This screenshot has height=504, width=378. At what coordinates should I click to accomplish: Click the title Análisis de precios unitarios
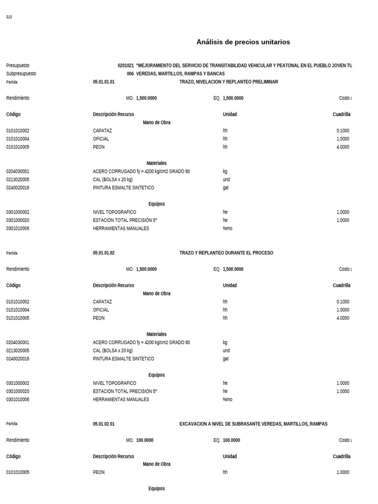[x=243, y=42]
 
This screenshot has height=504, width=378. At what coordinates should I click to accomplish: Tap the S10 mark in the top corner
[x=9, y=17]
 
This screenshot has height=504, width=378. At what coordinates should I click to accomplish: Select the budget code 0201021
[x=126, y=65]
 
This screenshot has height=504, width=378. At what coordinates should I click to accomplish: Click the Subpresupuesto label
[x=21, y=74]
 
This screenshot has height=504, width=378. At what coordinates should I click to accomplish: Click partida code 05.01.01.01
[x=103, y=82]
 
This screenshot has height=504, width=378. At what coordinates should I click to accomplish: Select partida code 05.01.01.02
[x=103, y=253]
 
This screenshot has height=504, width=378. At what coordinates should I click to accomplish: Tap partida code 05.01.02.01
[x=103, y=424]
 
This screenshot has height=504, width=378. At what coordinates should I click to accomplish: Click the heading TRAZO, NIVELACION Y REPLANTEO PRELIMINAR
[x=228, y=82]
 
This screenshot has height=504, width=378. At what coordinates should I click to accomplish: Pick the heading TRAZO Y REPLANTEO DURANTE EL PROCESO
[x=226, y=253]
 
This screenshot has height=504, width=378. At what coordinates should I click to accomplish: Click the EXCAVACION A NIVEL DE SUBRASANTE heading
[x=253, y=424]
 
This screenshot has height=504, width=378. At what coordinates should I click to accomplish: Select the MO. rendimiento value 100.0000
[x=145, y=441]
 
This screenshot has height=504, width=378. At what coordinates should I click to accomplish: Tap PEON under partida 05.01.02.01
[x=98, y=472]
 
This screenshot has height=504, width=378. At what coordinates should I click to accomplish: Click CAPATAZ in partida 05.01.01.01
[x=102, y=131]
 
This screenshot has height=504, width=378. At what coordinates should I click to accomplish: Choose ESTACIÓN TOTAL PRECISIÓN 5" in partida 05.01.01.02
[x=125, y=391]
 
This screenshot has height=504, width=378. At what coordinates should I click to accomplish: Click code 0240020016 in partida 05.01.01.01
[x=18, y=188]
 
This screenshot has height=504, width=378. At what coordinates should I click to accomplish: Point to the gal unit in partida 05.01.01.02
[x=225, y=359]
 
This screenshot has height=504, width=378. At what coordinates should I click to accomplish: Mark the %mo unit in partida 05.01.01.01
[x=227, y=228]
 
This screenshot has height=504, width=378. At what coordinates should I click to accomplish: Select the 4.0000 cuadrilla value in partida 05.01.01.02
[x=343, y=318]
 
